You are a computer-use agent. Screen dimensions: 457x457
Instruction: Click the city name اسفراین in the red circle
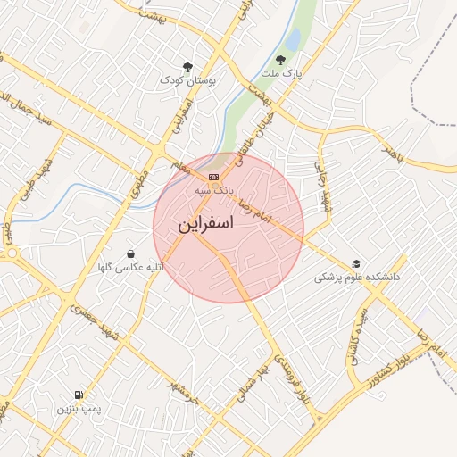coord(206,223)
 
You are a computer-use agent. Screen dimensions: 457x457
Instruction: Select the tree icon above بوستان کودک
coord(187,67)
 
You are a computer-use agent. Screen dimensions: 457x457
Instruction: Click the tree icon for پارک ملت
coord(281,60)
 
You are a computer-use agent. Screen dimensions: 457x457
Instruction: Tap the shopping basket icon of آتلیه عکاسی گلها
coord(131,254)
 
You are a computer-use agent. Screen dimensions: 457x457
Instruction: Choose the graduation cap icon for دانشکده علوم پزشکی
coord(357,264)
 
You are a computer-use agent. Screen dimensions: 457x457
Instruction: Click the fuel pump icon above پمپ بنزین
coord(79,395)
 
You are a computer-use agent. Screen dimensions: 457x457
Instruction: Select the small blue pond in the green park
coord(293,40)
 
